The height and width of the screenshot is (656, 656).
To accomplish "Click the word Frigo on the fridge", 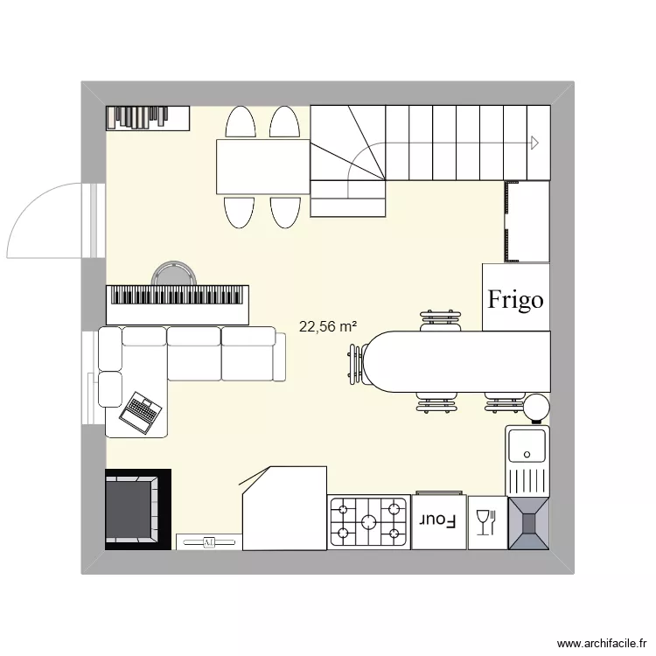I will point(515,300).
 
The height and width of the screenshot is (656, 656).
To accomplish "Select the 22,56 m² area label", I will point(327,327).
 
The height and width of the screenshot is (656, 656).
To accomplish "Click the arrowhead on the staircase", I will point(533,143).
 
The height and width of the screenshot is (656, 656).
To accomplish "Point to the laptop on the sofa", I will point(141,410).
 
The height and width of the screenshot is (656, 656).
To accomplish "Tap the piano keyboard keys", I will point(178,297).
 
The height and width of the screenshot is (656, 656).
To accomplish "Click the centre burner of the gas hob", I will point(368,522).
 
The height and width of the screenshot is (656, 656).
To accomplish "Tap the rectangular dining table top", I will point(263,166).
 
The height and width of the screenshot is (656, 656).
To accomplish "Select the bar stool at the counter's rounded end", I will point(355,365).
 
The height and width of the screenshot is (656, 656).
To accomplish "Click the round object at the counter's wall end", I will point(535,406).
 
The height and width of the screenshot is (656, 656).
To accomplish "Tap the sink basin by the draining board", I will point(527,445).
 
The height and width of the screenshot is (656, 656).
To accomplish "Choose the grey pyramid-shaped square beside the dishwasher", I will point(527,523).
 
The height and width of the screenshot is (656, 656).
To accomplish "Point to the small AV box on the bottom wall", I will point(208,542).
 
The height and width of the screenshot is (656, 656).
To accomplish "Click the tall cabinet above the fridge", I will point(527,221).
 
